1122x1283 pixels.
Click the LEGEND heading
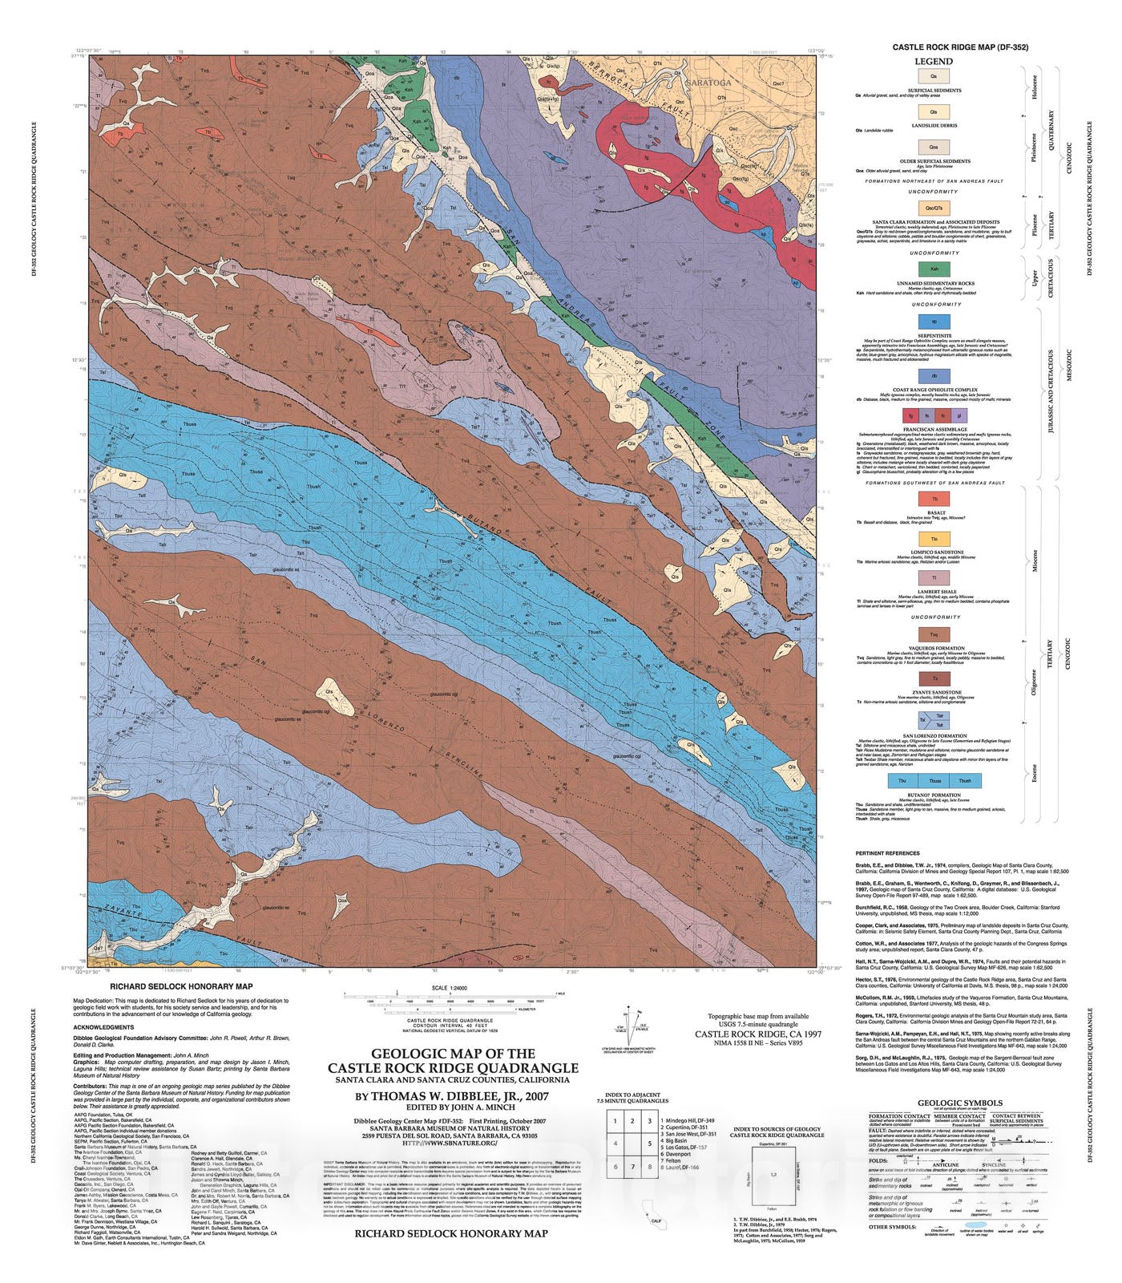(934, 61)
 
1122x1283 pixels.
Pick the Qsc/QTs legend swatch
(934, 208)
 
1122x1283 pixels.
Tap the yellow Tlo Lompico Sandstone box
(934, 539)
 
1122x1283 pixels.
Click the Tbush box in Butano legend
(965, 779)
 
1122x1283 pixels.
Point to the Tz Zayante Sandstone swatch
(934, 678)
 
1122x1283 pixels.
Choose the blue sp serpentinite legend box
(934, 321)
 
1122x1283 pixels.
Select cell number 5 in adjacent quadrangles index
(650, 1143)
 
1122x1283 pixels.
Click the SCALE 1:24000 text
(450, 988)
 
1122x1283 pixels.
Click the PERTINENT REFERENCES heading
(887, 853)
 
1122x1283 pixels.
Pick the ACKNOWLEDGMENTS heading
(103, 1027)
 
